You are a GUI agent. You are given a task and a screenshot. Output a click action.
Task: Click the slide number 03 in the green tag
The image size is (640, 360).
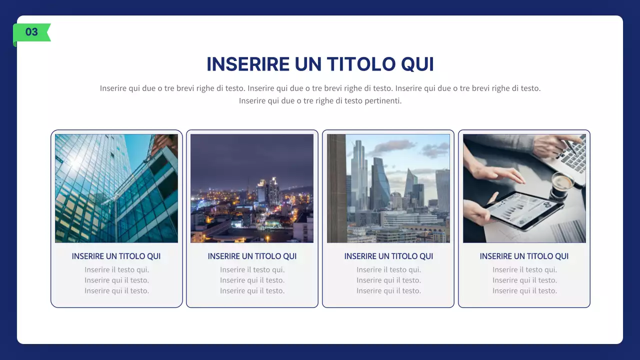coord(31,32)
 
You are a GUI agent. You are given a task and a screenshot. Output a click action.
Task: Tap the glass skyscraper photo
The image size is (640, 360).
coord(116,188)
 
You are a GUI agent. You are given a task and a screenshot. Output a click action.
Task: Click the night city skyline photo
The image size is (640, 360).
coord(252,188)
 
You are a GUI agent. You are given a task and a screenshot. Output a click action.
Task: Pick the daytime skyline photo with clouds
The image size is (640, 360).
coord(388,188)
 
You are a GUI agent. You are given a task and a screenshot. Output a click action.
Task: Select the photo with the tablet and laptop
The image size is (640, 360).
coord(524,188)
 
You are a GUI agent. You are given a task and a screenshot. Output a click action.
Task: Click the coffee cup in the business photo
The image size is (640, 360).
coord(562,182)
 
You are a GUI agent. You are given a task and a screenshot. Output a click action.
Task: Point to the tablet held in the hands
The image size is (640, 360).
coord(520,210)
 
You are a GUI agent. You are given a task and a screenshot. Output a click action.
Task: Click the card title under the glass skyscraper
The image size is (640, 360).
coord(116,256)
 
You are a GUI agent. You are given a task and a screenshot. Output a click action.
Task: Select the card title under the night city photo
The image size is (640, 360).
coord(252,256)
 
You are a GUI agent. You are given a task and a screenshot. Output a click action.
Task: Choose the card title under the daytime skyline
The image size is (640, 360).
coord(388,256)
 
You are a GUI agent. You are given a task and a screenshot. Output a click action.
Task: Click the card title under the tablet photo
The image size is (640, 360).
coord(524,256)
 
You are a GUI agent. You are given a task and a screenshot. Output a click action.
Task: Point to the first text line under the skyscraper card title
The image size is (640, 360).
coord(116,270)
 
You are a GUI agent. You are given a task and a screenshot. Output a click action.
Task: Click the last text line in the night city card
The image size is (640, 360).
coord(252,291)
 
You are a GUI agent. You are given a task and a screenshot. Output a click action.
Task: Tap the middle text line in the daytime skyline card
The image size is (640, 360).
coord(388,280)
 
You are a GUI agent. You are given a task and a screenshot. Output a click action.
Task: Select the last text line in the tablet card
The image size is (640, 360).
coord(524,291)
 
